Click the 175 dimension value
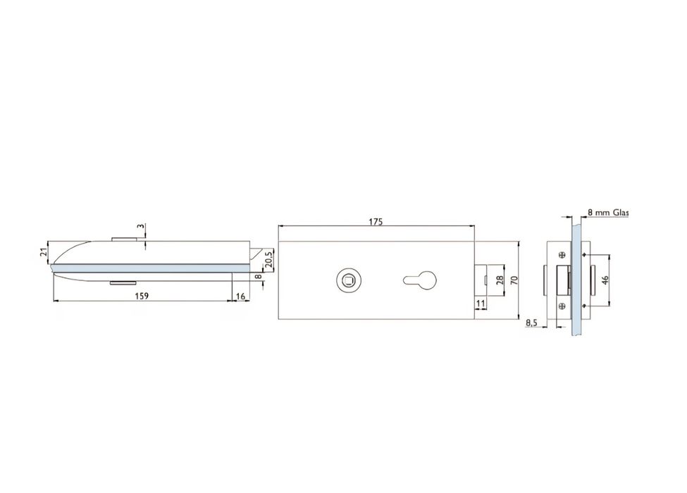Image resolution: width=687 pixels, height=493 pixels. coord(376,222)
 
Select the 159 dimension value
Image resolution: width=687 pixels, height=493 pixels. coord(142,296)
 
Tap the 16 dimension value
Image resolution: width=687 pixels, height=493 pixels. coord(240,297)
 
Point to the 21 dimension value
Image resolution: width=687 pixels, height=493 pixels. coord(44,252)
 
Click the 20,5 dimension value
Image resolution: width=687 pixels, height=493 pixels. coord(269,258)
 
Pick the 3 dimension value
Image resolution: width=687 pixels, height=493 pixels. coord(140,227)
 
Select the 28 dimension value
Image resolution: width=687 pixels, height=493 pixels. coord(500,280)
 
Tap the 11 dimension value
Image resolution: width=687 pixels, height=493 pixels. coord(481,303)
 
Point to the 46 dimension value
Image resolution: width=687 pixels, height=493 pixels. coord(605,280)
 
